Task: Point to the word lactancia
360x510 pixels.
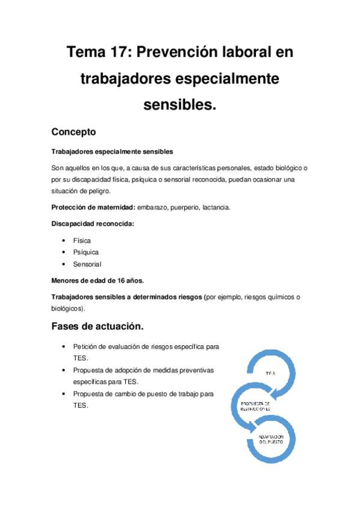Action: (x=213, y=207)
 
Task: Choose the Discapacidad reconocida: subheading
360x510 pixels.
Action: (x=93, y=224)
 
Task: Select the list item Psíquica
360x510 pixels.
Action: (x=86, y=252)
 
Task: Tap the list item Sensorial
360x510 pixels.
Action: (x=88, y=265)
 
